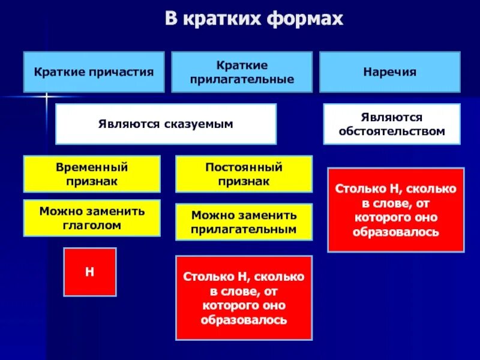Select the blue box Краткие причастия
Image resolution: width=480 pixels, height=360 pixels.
[94, 72]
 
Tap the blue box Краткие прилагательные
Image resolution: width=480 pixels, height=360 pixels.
[242, 72]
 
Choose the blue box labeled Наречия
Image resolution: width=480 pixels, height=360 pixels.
[389, 72]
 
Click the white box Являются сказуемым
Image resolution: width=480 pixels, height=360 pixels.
[166, 124]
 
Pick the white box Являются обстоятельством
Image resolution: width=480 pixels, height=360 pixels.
[391, 124]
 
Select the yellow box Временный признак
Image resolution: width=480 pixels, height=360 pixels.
[92, 173]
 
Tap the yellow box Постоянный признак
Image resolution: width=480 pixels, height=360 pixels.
[244, 173]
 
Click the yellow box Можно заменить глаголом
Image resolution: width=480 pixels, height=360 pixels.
[92, 218]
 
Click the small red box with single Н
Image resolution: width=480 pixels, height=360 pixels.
[90, 271]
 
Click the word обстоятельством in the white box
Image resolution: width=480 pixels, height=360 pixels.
[391, 131]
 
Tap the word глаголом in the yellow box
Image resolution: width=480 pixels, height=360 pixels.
[92, 226]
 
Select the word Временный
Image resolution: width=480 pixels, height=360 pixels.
[92, 167]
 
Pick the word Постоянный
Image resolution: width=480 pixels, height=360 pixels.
[244, 167]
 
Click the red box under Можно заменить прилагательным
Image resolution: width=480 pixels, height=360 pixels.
[244, 298]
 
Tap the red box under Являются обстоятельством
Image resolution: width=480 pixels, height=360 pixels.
[395, 209]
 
